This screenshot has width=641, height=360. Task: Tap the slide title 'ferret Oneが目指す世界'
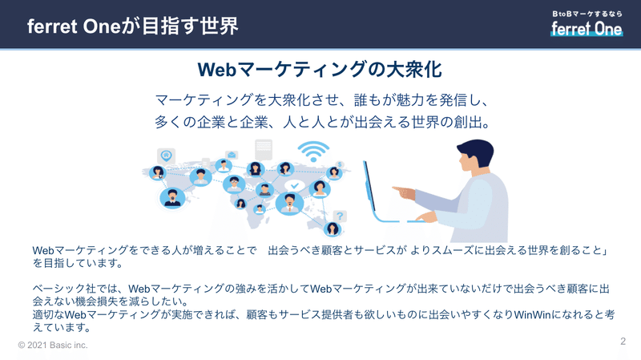tap(132, 26)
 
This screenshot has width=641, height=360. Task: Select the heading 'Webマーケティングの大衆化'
tap(320, 69)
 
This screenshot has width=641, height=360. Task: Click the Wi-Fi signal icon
tap(313, 152)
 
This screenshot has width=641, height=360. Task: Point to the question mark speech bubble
tap(340, 216)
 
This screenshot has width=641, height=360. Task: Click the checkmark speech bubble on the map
tap(294, 186)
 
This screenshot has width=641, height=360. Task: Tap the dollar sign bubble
tap(339, 164)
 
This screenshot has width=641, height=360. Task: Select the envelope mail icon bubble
tap(232, 155)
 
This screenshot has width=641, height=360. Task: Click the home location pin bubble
tap(166, 156)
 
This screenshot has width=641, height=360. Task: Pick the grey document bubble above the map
tap(264, 149)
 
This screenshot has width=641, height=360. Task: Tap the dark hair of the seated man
tap(477, 152)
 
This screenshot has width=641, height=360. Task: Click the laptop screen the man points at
tap(369, 186)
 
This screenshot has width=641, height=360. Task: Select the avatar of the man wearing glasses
tap(234, 184)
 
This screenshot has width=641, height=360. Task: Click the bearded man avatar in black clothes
tap(172, 197)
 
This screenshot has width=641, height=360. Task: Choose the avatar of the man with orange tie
tap(289, 204)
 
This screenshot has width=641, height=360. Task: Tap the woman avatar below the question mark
tap(333, 229)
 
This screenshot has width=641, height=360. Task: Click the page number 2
tap(623, 342)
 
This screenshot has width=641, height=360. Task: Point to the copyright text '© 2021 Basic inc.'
tap(53, 346)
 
